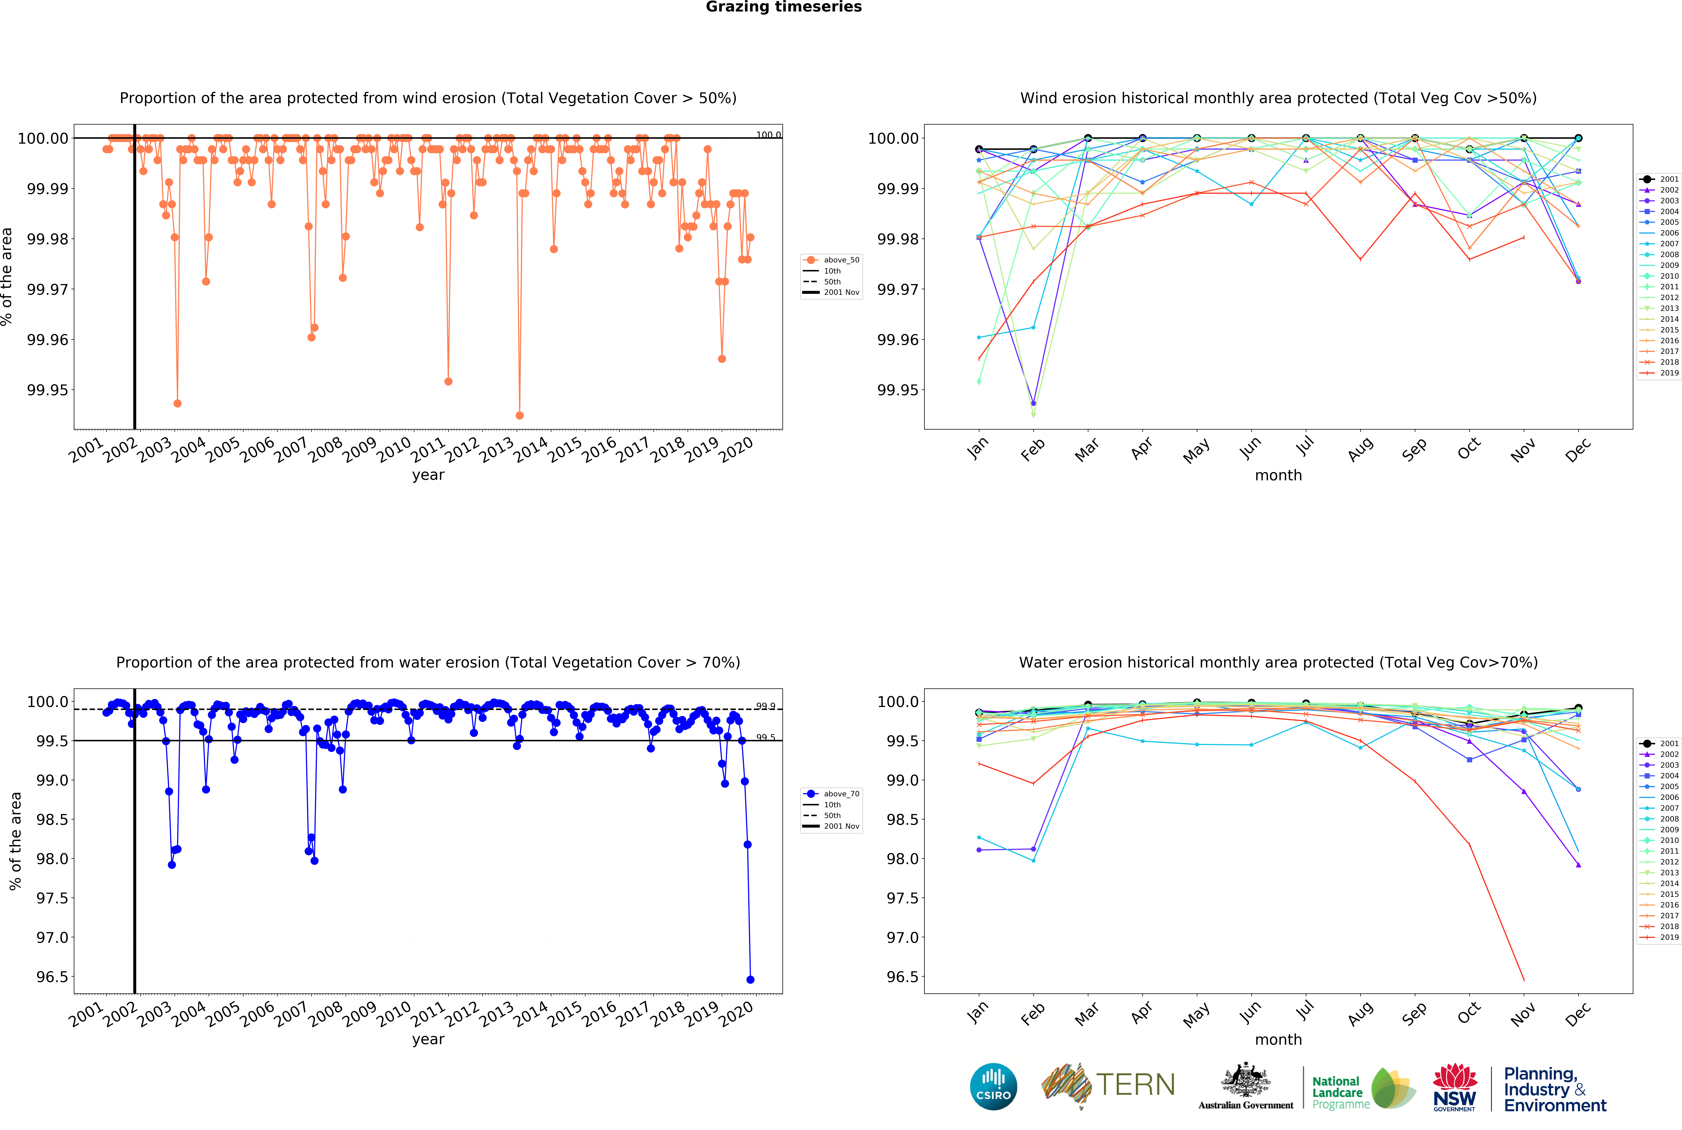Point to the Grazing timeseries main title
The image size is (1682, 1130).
click(x=783, y=7)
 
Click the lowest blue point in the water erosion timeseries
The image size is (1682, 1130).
click(x=750, y=979)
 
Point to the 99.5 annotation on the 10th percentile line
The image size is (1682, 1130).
click(x=765, y=737)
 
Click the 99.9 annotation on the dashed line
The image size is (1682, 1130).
click(x=765, y=706)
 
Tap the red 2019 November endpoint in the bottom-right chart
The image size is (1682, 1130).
click(x=1523, y=979)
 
